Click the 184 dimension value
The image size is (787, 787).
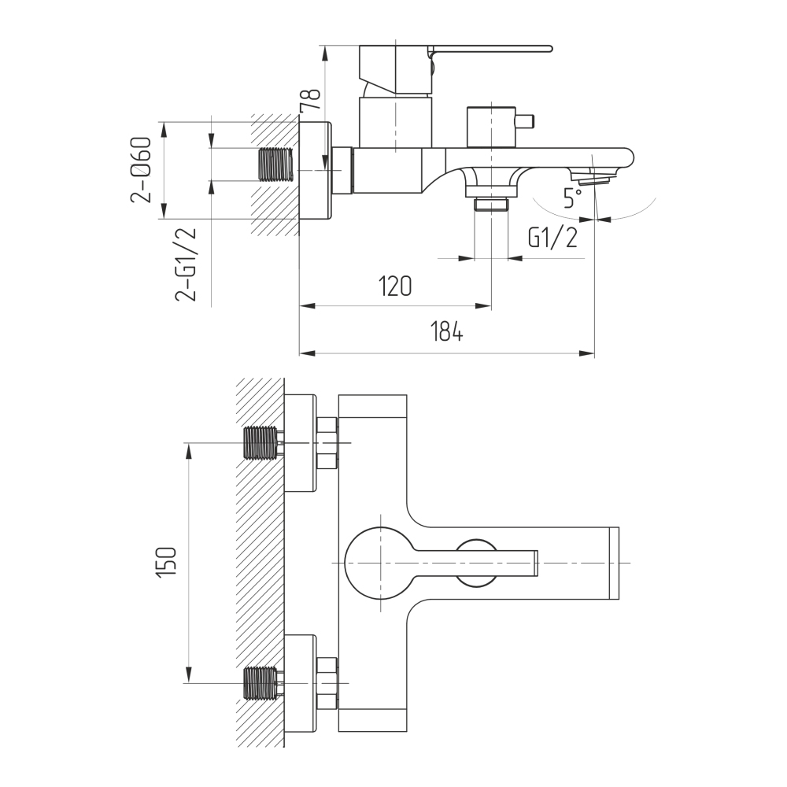pyautogui.click(x=446, y=331)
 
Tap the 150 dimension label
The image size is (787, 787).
pyautogui.click(x=167, y=562)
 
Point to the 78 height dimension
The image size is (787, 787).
pyautogui.click(x=309, y=101)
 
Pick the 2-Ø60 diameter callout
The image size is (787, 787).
pyautogui.click(x=141, y=170)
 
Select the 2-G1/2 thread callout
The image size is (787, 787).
pyautogui.click(x=186, y=264)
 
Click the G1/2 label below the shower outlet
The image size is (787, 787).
pyautogui.click(x=552, y=238)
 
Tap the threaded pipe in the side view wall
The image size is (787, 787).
pyautogui.click(x=275, y=164)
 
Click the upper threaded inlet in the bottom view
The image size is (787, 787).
pyautogui.click(x=260, y=442)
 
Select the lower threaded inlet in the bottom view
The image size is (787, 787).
pyautogui.click(x=260, y=682)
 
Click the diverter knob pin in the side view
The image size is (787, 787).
pyautogui.click(x=524, y=121)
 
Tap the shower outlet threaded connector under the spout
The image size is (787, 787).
pyautogui.click(x=491, y=205)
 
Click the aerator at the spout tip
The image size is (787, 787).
pyautogui.click(x=593, y=176)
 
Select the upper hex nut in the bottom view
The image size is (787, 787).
pyautogui.click(x=327, y=442)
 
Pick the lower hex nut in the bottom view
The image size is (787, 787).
pyautogui.click(x=327, y=682)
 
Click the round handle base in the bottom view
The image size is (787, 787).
pyautogui.click(x=381, y=563)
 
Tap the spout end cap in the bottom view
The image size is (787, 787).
pyautogui.click(x=614, y=563)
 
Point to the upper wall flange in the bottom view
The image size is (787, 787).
pyautogui.click(x=301, y=442)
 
